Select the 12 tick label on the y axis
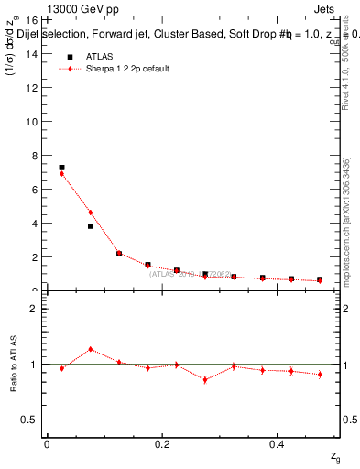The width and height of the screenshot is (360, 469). [31, 88]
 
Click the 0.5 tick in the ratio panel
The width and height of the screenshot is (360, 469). [30, 420]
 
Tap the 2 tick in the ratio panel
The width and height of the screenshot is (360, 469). [34, 309]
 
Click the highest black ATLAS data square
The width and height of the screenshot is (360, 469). [61, 168]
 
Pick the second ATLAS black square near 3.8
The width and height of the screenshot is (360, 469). [90, 226]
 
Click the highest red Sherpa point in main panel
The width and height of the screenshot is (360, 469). [61, 174]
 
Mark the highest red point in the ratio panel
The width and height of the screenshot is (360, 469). [90, 349]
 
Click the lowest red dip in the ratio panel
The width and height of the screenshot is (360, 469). [204, 379]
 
